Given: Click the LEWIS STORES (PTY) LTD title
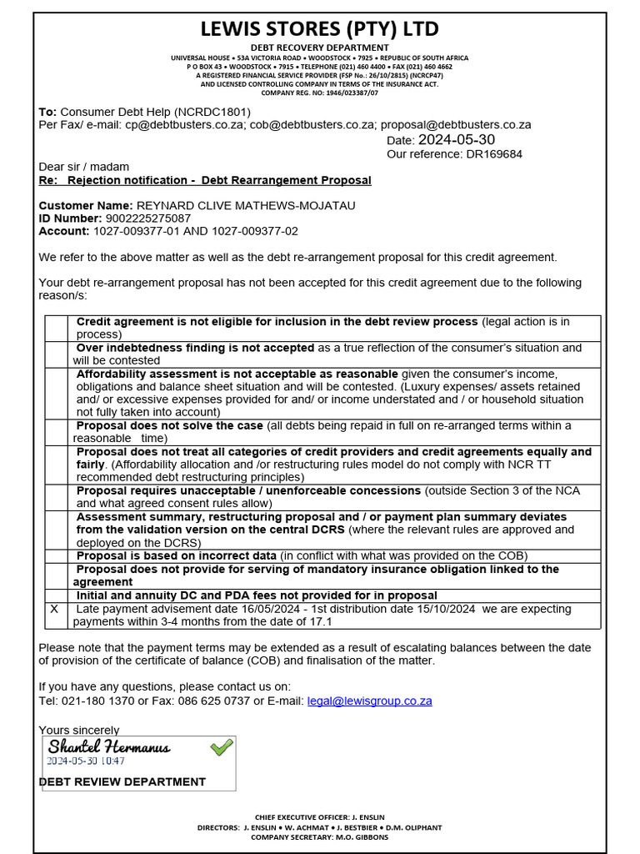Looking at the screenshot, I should pyautogui.click(x=320, y=29).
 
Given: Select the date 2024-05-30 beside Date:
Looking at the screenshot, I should pyautogui.click(x=456, y=139).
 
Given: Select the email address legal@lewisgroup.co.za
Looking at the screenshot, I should pyautogui.click(x=369, y=701).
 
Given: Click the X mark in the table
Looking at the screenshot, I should pyautogui.click(x=54, y=609).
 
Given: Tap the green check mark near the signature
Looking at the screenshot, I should pyautogui.click(x=222, y=747).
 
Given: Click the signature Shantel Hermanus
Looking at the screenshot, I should pyautogui.click(x=108, y=746).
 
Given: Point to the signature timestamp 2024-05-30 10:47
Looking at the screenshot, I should pyautogui.click(x=85, y=761).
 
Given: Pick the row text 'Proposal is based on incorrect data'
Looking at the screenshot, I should pyautogui.click(x=176, y=555).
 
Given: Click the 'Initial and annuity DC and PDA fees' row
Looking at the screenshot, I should pyautogui.click(x=257, y=595).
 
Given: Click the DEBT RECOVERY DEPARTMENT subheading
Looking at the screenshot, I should pyautogui.click(x=320, y=48).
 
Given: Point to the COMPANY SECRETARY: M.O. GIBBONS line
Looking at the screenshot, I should pyautogui.click(x=320, y=836).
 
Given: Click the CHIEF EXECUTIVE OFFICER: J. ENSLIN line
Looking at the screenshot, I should pyautogui.click(x=320, y=816).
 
